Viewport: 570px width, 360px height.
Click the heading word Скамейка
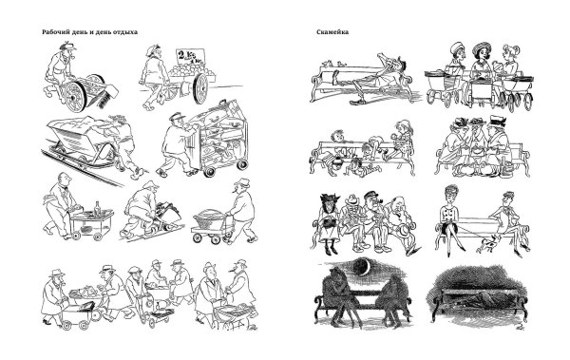click(332, 32)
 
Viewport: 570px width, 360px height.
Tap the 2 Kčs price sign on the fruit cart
click(190, 57)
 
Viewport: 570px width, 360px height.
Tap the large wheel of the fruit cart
click(200, 88)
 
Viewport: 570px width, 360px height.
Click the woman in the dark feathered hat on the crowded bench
click(329, 223)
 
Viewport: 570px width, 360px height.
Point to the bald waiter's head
click(65, 179)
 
